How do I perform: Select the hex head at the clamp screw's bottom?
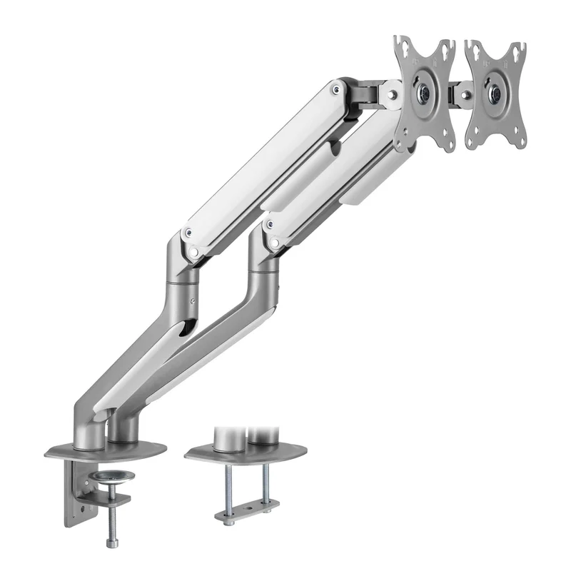(111, 544)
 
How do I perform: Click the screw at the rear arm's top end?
(335, 89)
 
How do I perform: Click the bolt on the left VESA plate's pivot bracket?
(390, 94)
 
